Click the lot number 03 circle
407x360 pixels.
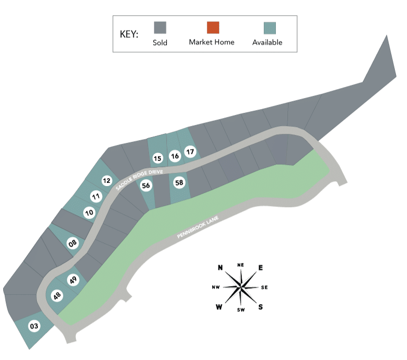coord(34,326)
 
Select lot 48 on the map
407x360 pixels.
coord(57,296)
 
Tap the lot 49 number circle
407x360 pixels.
coord(73,280)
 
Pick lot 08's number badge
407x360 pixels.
coord(73,244)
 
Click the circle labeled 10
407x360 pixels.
coord(90,212)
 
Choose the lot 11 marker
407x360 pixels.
coord(96,196)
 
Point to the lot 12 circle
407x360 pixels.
coord(107,180)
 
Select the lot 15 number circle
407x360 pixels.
coord(157,158)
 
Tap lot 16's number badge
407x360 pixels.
coord(175,156)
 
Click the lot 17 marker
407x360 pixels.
coord(190,152)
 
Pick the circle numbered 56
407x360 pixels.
coord(146,186)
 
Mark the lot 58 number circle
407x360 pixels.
coord(179,183)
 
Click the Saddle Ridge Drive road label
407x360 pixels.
coord(139,179)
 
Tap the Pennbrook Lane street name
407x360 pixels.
coord(198,227)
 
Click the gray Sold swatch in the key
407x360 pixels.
coord(160,27)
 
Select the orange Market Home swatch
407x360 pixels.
coord(213,27)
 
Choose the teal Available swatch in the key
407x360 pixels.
coord(270,28)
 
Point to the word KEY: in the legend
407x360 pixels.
coord(129,34)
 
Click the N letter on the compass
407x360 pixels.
coord(220,267)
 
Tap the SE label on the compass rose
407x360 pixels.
coord(264,287)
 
